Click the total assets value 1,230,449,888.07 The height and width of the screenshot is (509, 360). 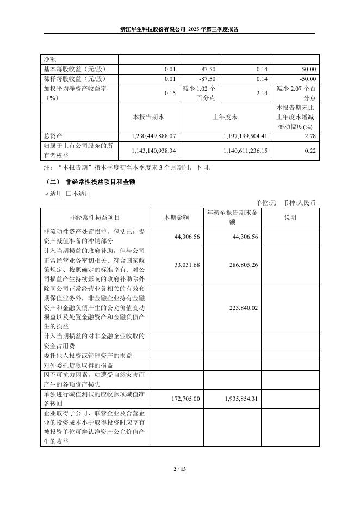tap(154, 135)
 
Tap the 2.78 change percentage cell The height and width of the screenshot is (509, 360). tap(311, 135)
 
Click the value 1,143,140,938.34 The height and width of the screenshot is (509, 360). tap(154, 150)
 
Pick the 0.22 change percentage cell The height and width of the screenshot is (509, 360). tap(311, 150)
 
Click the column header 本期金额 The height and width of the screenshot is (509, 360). tap(177, 218)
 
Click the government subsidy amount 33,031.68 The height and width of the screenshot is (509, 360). tap(187, 265)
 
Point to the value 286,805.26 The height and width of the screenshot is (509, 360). tap(240, 265)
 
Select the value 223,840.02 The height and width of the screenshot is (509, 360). tap(240, 308)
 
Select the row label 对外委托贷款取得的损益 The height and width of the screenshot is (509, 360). tap(78, 365)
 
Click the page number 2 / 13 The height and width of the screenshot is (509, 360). tap(179, 469)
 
